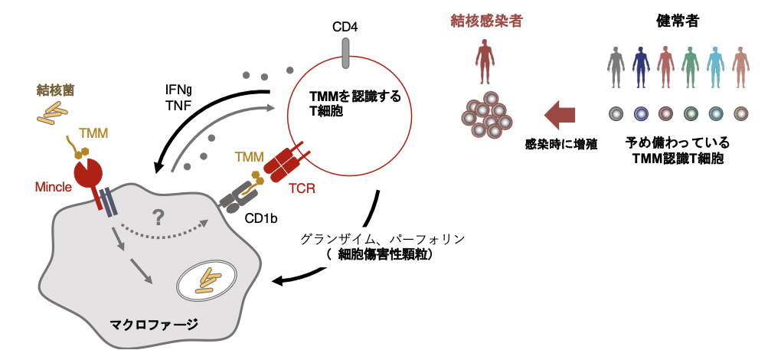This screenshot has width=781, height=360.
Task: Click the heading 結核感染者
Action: tap(486, 21)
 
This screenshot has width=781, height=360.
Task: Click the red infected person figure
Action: tap(485, 64)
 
